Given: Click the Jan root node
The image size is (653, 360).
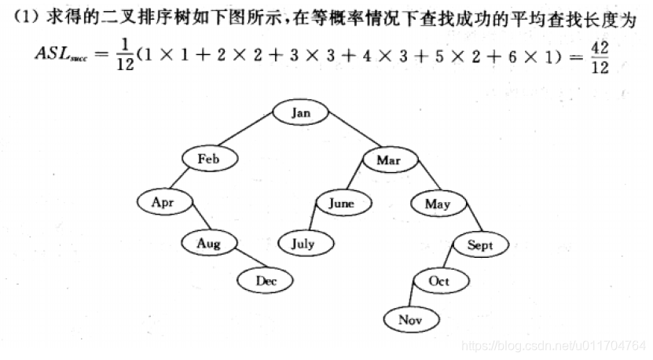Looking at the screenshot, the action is (300, 112).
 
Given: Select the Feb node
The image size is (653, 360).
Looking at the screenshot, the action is (208, 159).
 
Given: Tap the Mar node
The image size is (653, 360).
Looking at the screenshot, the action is (388, 160).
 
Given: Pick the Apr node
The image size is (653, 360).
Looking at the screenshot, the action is (163, 202).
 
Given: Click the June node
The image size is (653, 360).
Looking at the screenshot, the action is (341, 203).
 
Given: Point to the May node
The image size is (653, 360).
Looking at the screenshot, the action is (437, 204).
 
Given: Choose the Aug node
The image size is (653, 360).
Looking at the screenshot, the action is (209, 244).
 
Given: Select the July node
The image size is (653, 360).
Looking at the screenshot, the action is (303, 244).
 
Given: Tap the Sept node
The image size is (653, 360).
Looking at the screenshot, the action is (480, 245).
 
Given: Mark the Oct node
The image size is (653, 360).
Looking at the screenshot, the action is (438, 280).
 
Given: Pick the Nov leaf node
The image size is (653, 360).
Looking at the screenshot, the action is (410, 319).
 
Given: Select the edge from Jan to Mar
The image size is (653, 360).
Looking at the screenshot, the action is (347, 134).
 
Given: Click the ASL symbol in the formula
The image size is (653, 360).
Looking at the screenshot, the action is (56, 54).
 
